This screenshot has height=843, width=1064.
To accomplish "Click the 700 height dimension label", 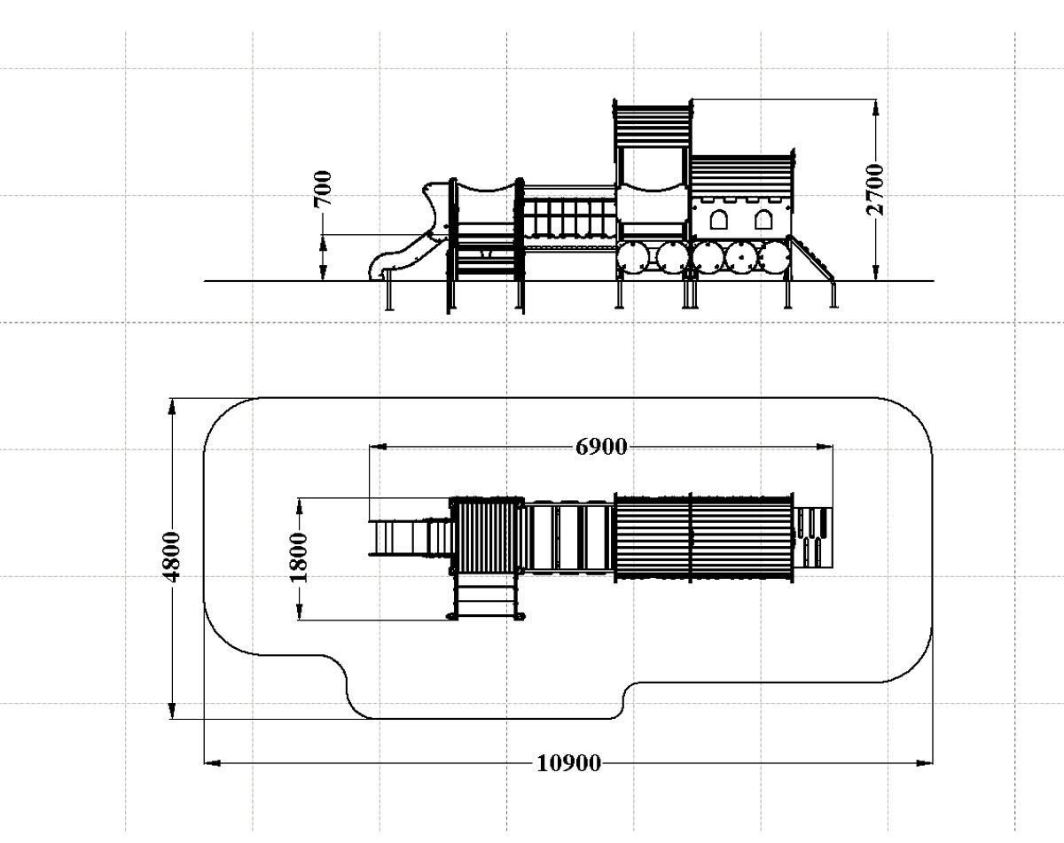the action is [323, 189].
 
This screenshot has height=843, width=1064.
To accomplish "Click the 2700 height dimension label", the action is [874, 190].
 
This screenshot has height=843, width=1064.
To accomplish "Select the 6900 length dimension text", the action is [601, 447].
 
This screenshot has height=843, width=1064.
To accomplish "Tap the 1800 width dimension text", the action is [298, 558].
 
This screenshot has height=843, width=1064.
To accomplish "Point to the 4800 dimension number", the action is [171, 557].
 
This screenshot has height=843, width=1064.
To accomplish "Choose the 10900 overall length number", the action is [568, 763].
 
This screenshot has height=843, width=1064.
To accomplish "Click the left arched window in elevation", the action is [718, 219].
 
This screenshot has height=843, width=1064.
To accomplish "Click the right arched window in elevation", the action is [763, 219].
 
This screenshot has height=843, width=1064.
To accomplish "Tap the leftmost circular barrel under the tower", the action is [632, 258].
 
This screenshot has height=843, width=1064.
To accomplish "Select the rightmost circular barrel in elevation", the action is [774, 258].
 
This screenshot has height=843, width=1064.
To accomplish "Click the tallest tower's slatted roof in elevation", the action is [653, 126].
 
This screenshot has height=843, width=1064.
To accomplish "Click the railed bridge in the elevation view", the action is [569, 217].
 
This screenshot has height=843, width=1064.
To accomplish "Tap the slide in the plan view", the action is [411, 537].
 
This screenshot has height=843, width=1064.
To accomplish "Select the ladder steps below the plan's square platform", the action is [487, 597].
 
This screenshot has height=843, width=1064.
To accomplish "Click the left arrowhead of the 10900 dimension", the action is [213, 763].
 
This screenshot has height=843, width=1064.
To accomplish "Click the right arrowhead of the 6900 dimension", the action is [825, 447].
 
